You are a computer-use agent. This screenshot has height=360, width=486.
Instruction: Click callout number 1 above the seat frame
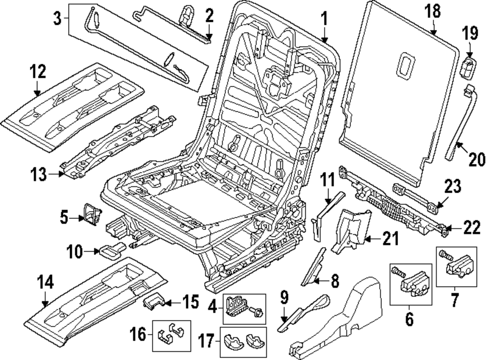click(323, 19)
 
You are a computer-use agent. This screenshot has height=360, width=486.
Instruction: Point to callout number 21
click(390, 238)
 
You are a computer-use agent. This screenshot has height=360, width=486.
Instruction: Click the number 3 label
click(57, 19)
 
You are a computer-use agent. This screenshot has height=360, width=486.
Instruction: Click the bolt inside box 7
click(445, 253)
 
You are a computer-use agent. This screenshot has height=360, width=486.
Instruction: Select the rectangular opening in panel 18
click(404, 65)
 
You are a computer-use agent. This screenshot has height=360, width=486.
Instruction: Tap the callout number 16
click(137, 335)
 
